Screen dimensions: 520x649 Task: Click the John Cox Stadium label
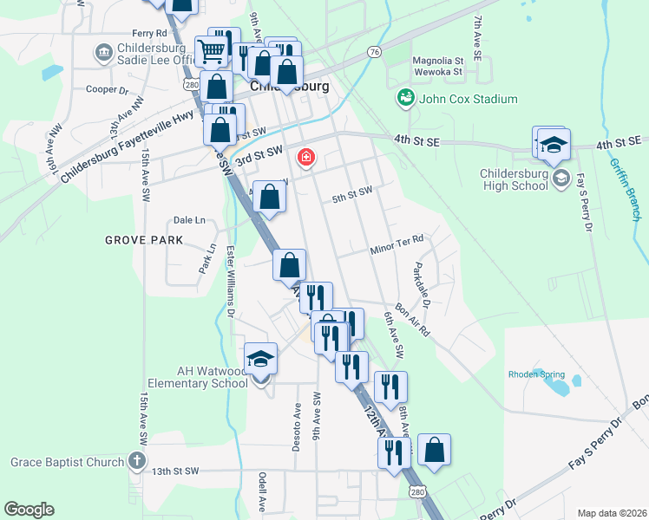(x=469, y=99)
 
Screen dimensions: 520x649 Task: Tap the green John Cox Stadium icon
(x=405, y=98)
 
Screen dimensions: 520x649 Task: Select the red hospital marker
(x=305, y=157)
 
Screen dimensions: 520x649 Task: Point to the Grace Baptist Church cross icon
(x=136, y=461)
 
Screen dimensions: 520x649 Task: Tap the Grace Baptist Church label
(x=68, y=462)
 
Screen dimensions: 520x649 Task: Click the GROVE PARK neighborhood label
(x=144, y=239)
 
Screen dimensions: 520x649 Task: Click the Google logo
(x=29, y=510)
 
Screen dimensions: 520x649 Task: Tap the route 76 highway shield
(x=374, y=52)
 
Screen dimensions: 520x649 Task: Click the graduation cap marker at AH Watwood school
(x=260, y=359)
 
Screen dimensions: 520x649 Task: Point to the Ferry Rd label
(x=125, y=33)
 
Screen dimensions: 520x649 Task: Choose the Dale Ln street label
(x=189, y=220)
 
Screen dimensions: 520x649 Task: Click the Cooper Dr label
(x=107, y=89)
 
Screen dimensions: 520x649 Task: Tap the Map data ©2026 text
(x=611, y=513)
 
